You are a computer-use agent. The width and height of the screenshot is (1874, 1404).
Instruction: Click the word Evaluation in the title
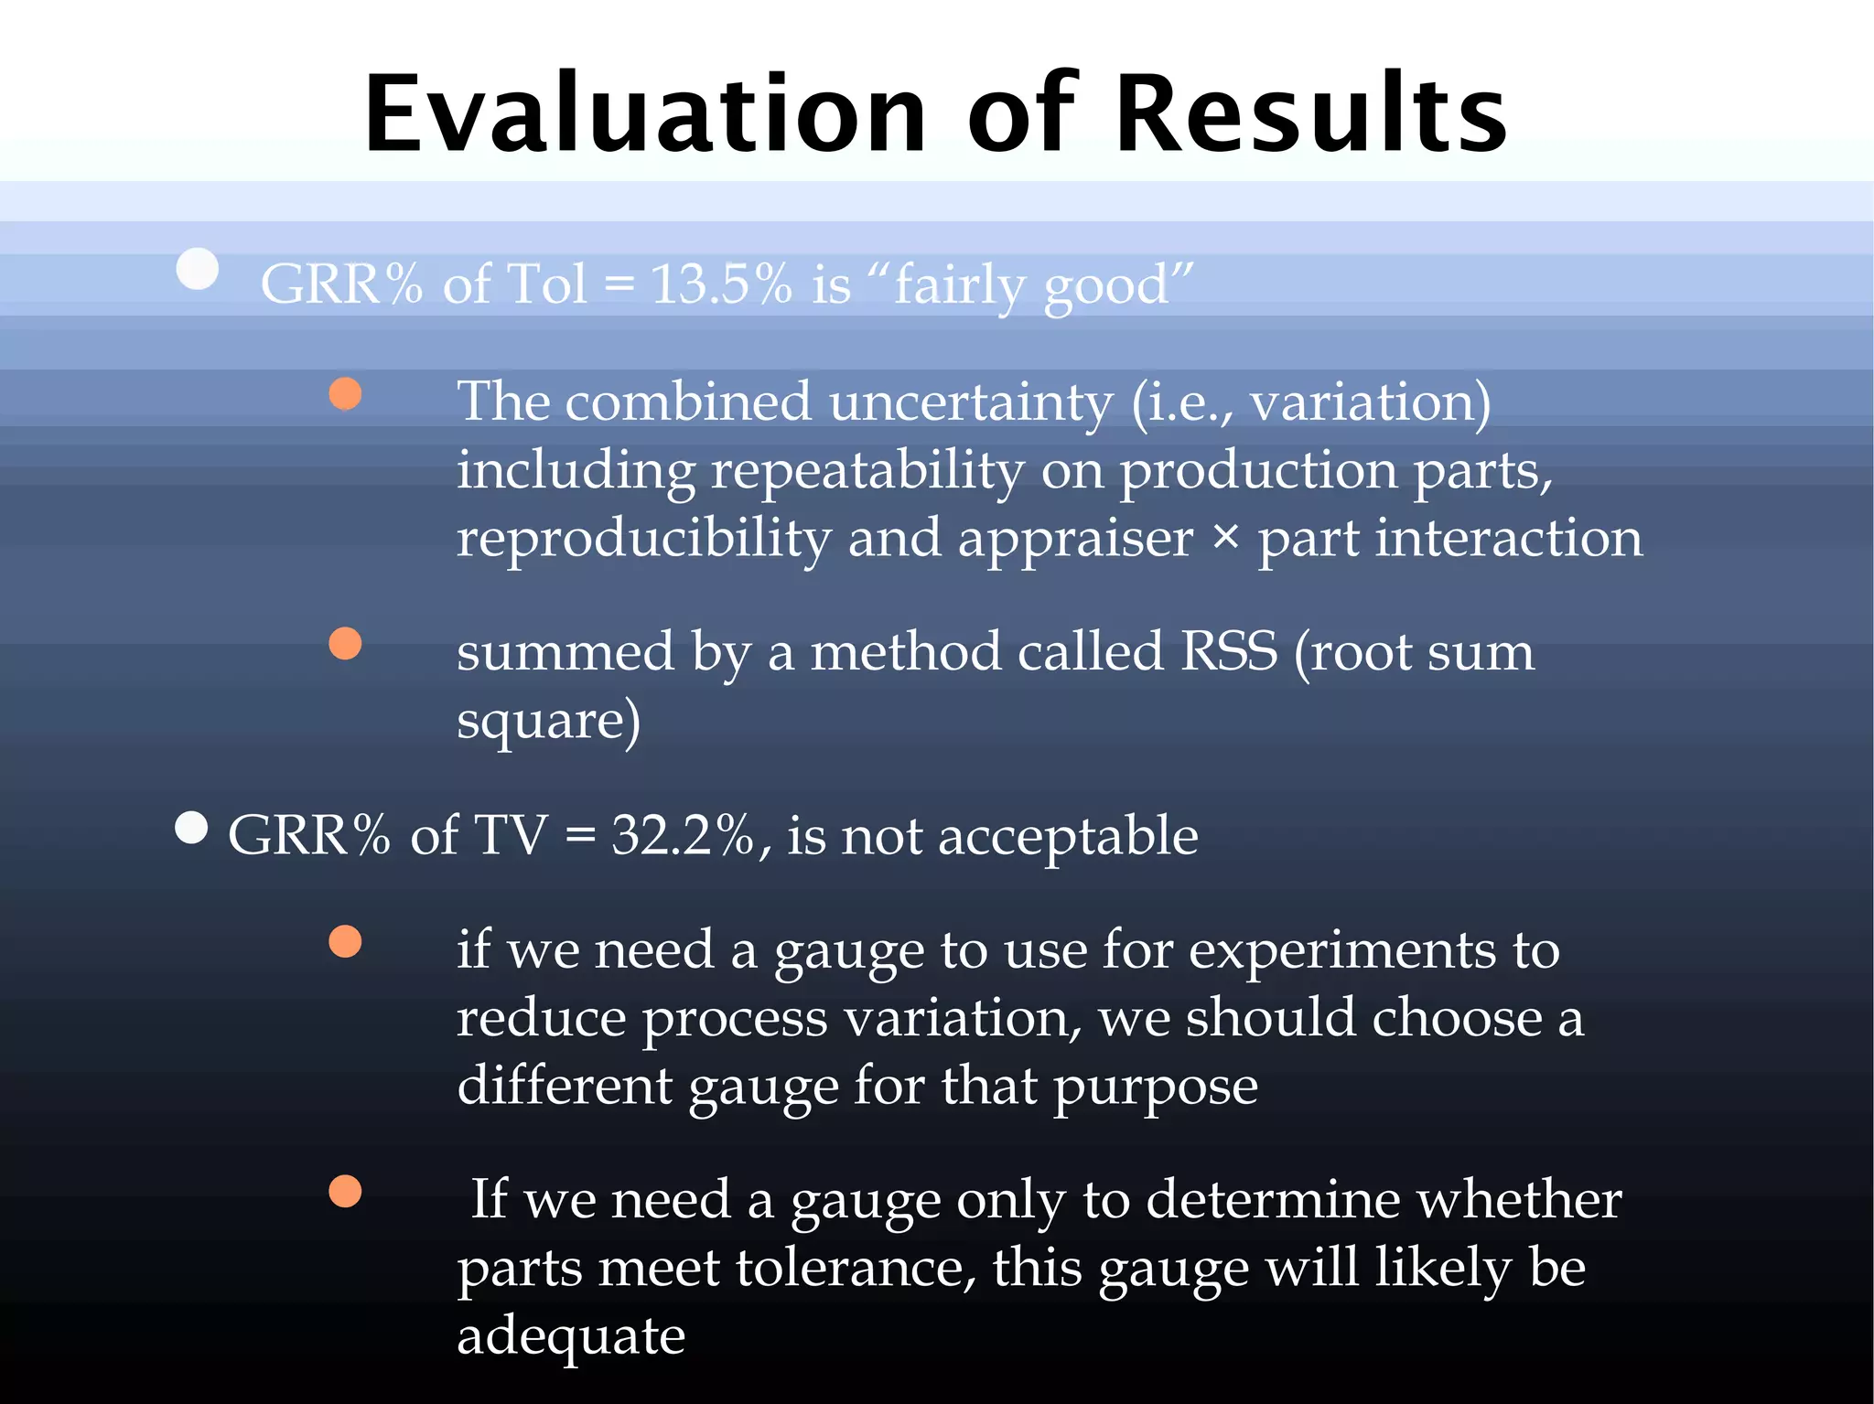click(x=645, y=114)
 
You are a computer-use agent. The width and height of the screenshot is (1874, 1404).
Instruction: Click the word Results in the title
click(x=1311, y=114)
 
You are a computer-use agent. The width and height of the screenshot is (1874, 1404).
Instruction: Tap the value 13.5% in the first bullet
click(x=721, y=284)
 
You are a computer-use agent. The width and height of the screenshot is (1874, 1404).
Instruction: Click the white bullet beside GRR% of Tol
click(x=198, y=270)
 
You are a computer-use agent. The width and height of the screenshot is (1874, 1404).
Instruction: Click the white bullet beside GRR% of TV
click(x=191, y=828)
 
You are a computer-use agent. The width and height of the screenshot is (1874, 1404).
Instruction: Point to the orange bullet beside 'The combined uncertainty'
click(x=345, y=393)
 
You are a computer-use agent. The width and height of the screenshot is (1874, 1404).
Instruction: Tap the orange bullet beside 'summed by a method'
click(x=345, y=643)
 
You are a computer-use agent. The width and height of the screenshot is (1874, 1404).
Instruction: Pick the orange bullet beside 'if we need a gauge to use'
click(x=345, y=941)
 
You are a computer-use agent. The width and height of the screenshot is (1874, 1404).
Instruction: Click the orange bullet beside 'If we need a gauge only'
click(x=345, y=1191)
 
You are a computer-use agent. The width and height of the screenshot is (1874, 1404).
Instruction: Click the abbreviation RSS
click(x=1228, y=651)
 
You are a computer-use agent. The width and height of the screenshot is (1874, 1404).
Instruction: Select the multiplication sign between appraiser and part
click(x=1225, y=537)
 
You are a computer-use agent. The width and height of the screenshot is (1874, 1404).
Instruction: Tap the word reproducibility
click(x=643, y=539)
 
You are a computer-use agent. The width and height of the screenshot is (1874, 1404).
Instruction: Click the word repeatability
click(x=867, y=471)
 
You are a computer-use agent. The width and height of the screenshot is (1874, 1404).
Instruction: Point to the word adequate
click(x=571, y=1336)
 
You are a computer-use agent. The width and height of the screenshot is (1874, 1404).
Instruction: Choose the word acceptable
click(x=1068, y=835)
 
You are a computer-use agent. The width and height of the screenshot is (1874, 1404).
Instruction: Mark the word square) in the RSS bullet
click(x=549, y=722)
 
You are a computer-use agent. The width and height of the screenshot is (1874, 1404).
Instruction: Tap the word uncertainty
click(x=971, y=402)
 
